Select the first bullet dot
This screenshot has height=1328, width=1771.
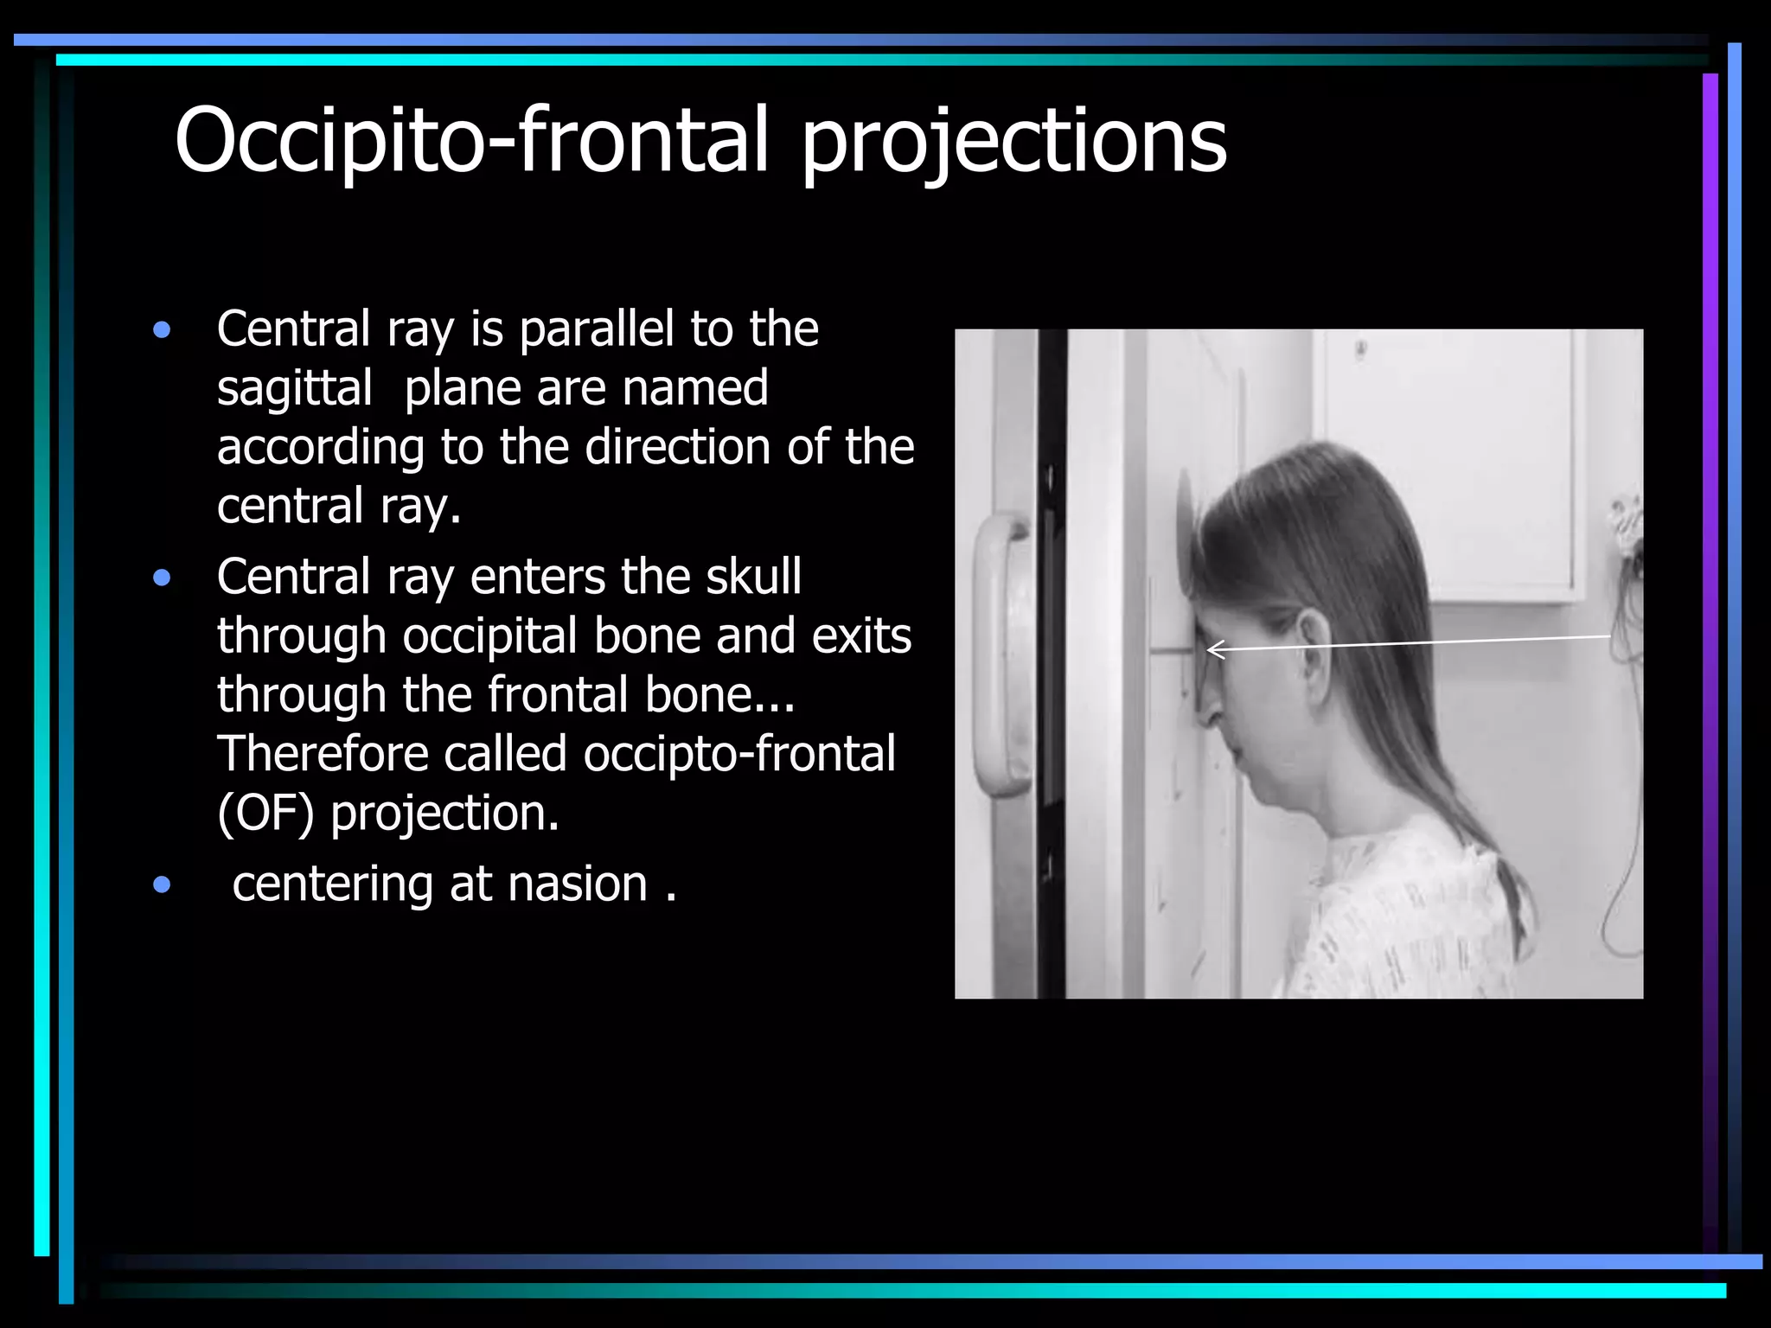tap(162, 330)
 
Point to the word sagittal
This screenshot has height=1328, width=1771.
tap(294, 388)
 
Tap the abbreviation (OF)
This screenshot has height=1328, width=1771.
tap(265, 814)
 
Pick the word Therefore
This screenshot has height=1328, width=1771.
tap(323, 754)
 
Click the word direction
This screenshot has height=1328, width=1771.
tap(678, 447)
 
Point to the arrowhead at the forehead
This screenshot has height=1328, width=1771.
tap(1212, 649)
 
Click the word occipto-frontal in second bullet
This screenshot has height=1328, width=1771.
tap(739, 754)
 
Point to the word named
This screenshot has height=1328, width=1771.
tap(695, 388)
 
